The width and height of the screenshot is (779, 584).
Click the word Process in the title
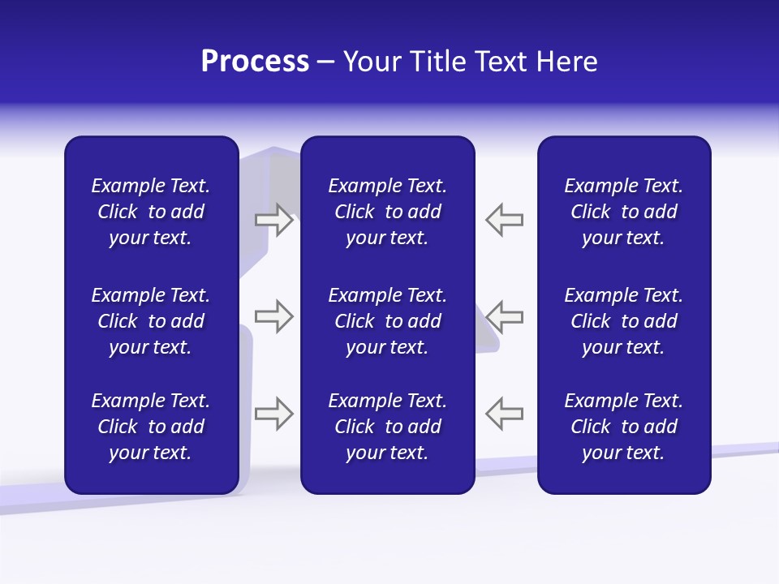pyautogui.click(x=255, y=62)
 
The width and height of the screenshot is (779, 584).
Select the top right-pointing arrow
pyautogui.click(x=273, y=221)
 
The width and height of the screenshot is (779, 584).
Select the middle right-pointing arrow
pyautogui.click(x=273, y=316)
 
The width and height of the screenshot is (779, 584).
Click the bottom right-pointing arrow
pyautogui.click(x=273, y=414)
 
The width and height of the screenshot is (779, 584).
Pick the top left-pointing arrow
pyautogui.click(x=504, y=221)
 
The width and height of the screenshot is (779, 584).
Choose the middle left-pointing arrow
pyautogui.click(x=504, y=316)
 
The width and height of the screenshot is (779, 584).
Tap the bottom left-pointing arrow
pyautogui.click(x=504, y=414)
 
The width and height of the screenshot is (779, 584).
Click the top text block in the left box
pyautogui.click(x=150, y=212)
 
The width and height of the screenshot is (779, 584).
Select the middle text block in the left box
pyautogui.click(x=150, y=321)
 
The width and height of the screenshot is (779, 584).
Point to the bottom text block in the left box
pyautogui.click(x=150, y=427)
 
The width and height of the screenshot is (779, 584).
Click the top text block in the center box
pyautogui.click(x=387, y=212)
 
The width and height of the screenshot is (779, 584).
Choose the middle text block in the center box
pyautogui.click(x=387, y=321)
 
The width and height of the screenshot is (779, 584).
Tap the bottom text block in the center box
pyautogui.click(x=387, y=427)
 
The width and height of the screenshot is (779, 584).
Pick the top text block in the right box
pyautogui.click(x=623, y=212)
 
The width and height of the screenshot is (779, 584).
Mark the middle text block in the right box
pyautogui.click(x=623, y=321)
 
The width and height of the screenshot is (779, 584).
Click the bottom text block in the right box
pyautogui.click(x=623, y=427)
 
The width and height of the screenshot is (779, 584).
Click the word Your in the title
pyautogui.click(x=372, y=62)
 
